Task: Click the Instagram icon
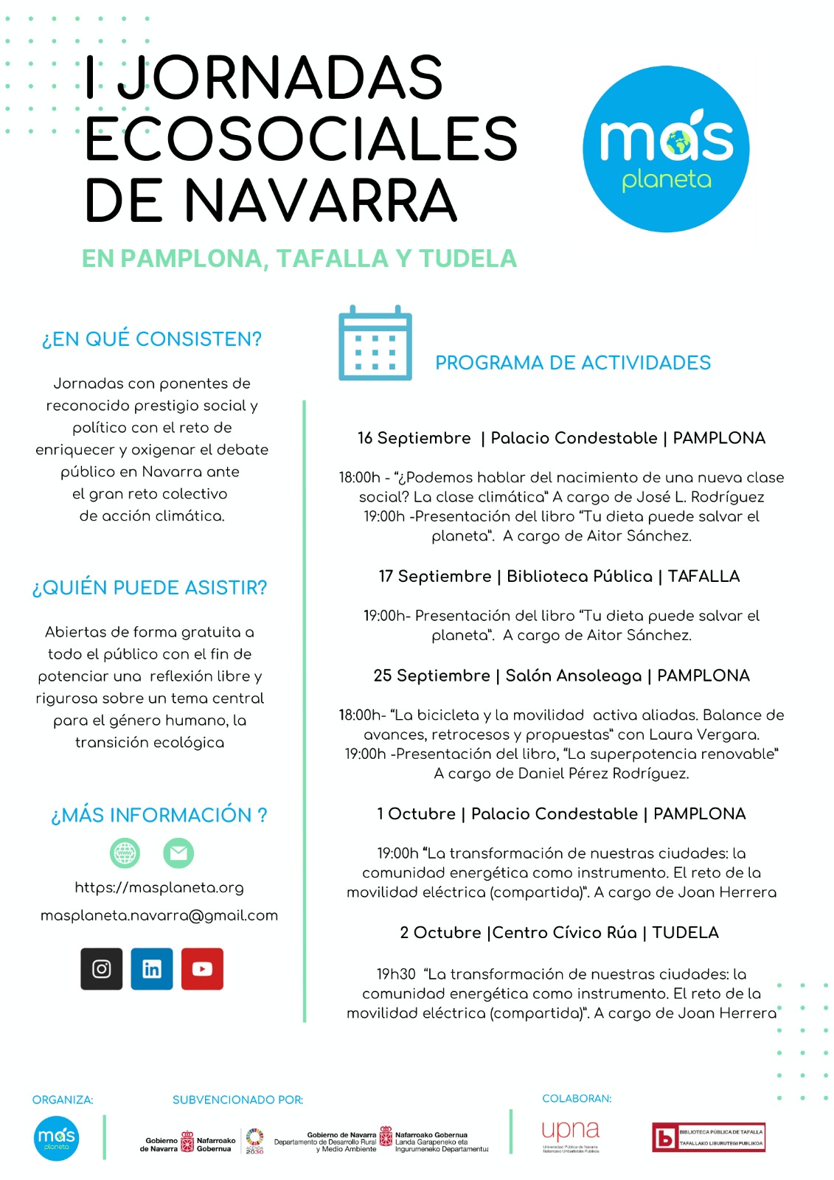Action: pos(102,968)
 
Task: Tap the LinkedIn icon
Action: pos(152,968)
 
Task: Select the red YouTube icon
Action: pos(202,968)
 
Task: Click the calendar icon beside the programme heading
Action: pos(375,344)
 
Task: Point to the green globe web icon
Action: pos(125,853)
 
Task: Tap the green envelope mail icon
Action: pos(178,853)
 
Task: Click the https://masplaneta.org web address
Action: pos(159,888)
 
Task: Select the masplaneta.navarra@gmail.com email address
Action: pos(159,916)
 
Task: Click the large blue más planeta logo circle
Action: pos(666,149)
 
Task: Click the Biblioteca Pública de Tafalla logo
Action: pos(709,1137)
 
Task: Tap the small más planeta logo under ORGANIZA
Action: pos(56,1139)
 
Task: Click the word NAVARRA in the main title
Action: pos(321,201)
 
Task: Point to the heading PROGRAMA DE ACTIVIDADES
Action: pos(573,363)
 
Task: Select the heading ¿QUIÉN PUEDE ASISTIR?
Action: pos(150,588)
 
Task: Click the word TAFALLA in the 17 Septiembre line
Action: pos(703,577)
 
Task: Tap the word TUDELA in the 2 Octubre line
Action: pos(685,933)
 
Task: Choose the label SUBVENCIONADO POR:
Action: pos(237,1100)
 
